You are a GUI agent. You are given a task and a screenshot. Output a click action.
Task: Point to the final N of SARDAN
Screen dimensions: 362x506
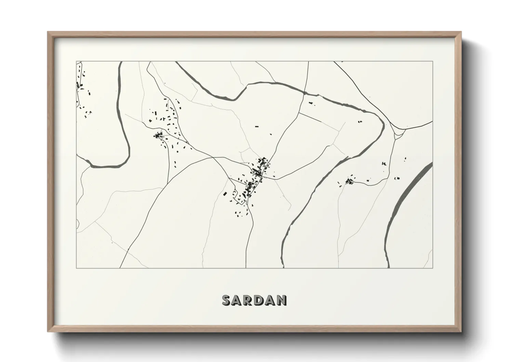[281, 300]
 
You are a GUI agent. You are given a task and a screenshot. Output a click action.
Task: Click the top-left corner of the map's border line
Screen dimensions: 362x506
[76, 61]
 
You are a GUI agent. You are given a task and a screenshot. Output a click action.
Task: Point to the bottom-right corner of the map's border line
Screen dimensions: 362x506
[433, 268]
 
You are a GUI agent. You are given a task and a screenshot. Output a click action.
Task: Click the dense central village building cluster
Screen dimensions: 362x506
[256, 178]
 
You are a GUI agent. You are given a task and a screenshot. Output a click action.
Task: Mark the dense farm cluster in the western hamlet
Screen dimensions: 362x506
[158, 136]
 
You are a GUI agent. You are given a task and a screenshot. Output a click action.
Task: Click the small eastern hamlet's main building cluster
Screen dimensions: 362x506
[349, 181]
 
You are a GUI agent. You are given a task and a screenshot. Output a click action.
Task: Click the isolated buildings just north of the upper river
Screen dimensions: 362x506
[311, 103]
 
